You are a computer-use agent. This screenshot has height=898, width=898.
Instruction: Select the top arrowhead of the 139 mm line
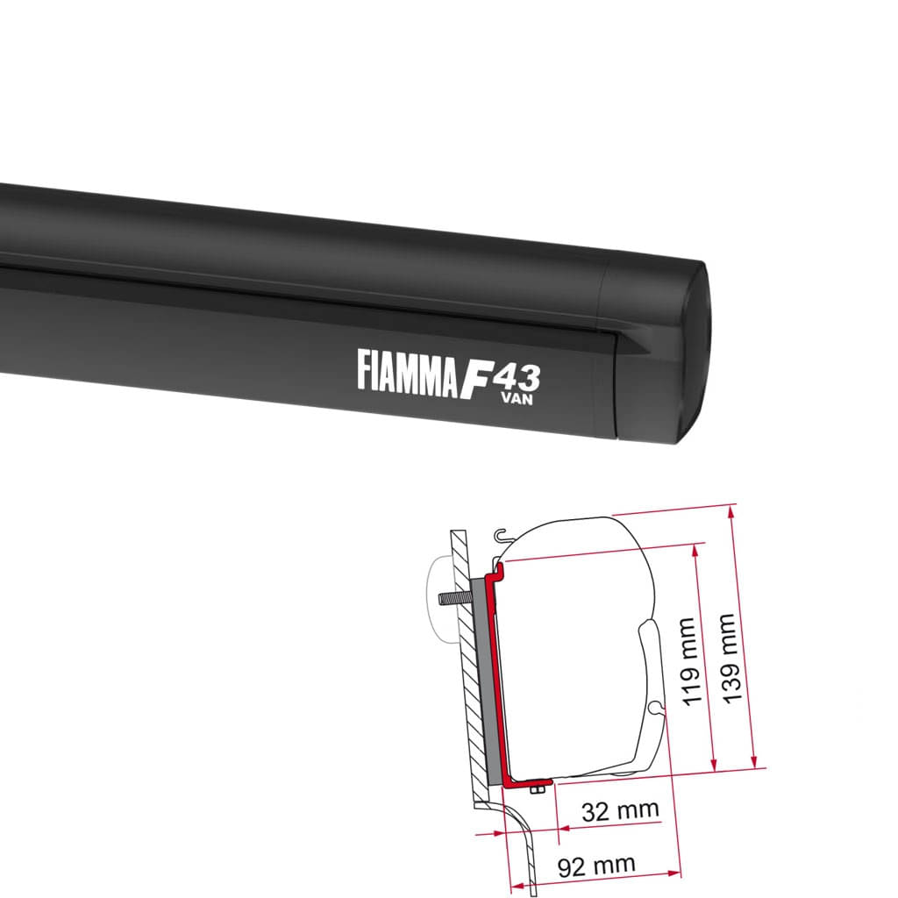point(731,508)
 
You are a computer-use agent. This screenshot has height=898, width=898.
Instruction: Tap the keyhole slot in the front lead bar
point(654,707)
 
